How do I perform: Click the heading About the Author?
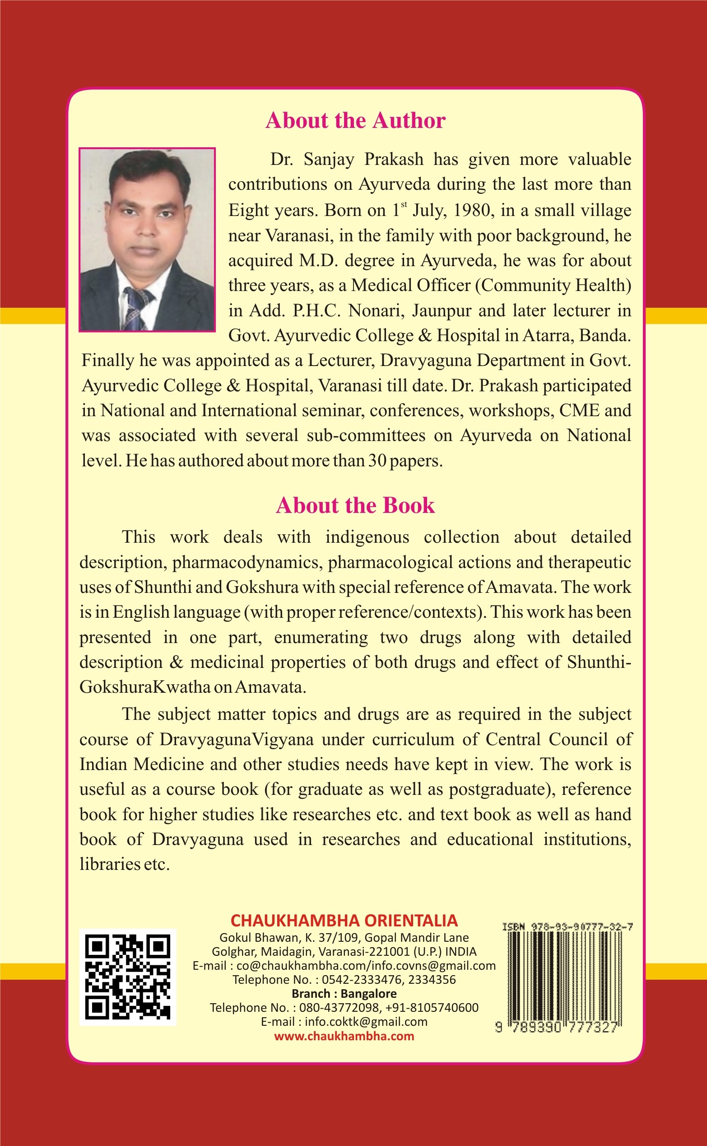(355, 120)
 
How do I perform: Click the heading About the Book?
(355, 505)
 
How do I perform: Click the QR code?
(128, 977)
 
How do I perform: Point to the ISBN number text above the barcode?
(567, 926)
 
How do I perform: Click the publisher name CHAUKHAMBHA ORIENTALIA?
(344, 921)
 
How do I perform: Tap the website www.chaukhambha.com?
(344, 1036)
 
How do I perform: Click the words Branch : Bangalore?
(344, 993)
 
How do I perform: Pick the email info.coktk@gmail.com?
(366, 1022)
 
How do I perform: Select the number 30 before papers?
(377, 461)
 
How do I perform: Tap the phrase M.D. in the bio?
(318, 261)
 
